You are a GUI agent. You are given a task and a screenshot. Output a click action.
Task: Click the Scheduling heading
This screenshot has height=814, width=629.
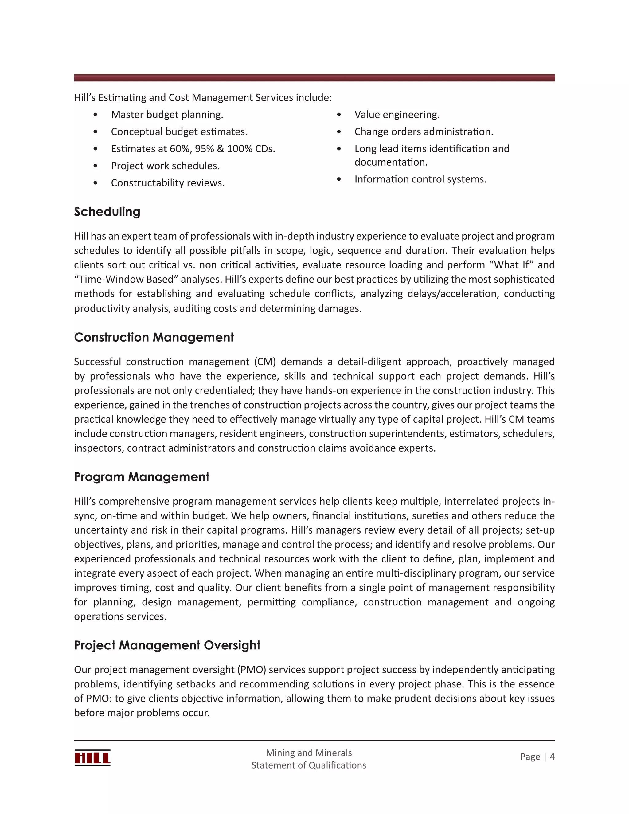(x=107, y=212)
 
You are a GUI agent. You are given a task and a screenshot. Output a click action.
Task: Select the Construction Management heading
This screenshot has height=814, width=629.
(x=154, y=337)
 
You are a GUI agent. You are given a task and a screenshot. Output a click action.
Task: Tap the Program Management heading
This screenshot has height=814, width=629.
(x=142, y=477)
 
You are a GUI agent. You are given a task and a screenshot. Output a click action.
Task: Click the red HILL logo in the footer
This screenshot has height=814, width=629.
(x=92, y=758)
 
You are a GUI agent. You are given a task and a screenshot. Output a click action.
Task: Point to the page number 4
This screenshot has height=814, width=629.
(x=552, y=757)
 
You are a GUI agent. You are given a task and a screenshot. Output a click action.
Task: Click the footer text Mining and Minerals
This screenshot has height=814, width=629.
(x=309, y=753)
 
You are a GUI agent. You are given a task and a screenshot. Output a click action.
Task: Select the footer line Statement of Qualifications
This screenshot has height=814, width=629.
(x=309, y=765)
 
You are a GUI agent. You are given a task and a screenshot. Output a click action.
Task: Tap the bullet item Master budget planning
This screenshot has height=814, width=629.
(x=167, y=115)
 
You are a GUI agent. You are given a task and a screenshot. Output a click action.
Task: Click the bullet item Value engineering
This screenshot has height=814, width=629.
(x=397, y=115)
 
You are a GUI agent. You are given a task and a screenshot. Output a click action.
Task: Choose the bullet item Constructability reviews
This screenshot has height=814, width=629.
(x=168, y=183)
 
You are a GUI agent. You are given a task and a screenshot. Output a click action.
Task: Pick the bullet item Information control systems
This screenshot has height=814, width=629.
(x=420, y=179)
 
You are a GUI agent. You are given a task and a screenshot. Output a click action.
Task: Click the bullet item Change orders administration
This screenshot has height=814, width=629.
(x=424, y=132)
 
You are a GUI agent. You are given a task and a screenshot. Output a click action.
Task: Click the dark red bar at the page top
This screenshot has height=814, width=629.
(x=314, y=77)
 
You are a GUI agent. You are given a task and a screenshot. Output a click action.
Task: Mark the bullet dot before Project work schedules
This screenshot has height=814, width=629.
(x=96, y=166)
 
